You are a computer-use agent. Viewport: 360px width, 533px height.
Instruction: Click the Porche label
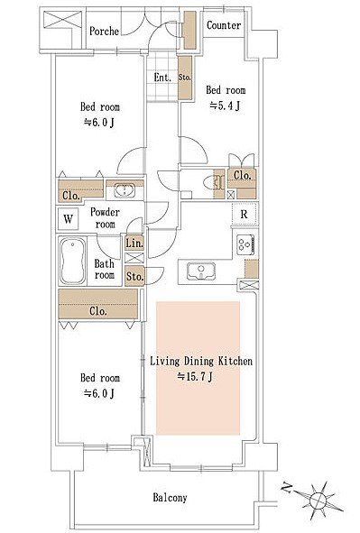point(104,32)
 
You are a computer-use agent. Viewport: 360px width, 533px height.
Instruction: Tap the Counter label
point(224,25)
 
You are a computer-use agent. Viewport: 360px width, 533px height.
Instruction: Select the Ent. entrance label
point(162,78)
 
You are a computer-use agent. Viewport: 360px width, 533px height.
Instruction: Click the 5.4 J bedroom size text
point(225,106)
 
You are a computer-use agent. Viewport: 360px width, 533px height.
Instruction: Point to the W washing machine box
point(68,218)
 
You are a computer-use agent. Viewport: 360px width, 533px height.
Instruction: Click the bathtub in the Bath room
point(73,261)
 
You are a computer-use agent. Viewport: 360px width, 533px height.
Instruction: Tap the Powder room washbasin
point(125,190)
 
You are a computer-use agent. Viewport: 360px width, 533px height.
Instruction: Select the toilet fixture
point(213,184)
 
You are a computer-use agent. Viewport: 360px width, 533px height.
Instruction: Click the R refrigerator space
point(244,214)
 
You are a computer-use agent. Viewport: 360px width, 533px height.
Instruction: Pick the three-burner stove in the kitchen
point(245,244)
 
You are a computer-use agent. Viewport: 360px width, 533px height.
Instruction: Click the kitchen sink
point(201,271)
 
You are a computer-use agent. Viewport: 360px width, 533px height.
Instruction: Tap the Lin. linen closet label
point(134,243)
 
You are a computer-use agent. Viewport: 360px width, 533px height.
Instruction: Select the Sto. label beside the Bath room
point(134,276)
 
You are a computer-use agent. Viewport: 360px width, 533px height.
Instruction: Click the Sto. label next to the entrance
point(185,78)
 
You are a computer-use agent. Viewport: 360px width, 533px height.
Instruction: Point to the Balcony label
point(170,498)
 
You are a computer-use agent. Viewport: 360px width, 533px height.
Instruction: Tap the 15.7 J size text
point(195,376)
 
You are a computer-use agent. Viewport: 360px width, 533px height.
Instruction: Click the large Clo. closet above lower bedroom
point(98,304)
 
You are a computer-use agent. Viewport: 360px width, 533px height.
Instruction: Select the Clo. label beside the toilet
point(242,175)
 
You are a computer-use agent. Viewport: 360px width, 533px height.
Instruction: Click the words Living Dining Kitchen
point(201,361)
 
